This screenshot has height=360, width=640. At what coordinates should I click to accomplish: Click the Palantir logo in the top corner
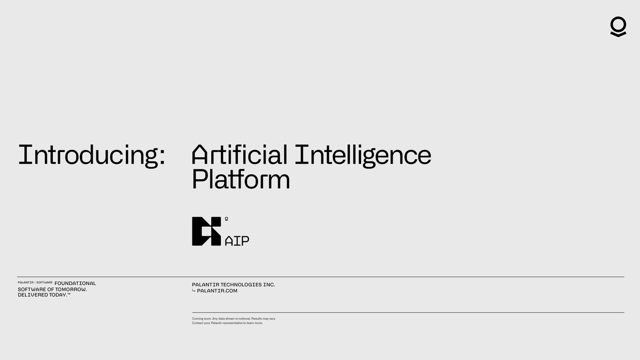618,27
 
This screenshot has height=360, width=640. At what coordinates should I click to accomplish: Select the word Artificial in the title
239,155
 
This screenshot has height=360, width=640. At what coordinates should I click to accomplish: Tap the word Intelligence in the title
363,155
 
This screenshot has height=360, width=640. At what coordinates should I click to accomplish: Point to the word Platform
241,180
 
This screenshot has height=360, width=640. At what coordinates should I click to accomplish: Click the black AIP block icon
206,231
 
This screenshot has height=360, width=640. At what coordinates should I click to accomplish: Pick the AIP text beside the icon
237,241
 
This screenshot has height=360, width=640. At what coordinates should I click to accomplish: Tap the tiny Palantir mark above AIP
226,219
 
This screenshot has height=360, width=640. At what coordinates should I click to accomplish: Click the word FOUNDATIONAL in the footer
75,283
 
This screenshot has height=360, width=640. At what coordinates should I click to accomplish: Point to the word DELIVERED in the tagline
31,295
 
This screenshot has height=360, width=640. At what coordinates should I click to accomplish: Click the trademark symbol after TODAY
68,294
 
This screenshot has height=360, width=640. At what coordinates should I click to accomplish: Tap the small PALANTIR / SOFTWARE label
35,283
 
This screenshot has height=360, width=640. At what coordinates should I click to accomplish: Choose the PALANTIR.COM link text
217,291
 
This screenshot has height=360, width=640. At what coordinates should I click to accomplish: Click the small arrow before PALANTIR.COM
194,291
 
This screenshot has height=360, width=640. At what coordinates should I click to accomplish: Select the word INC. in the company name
269,285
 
